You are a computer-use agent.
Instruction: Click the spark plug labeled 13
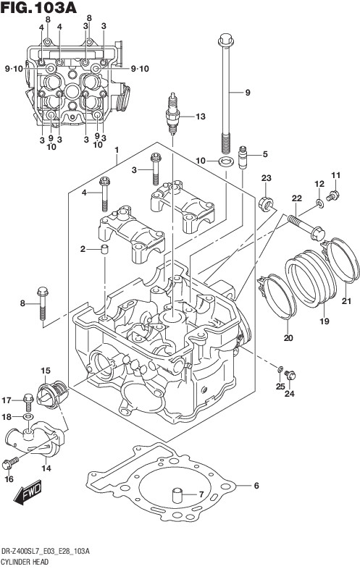tap(172, 114)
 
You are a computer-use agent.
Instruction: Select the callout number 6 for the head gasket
tap(256, 485)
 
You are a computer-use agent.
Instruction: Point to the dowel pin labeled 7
tap(177, 495)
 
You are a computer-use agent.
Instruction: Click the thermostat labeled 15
tap(52, 393)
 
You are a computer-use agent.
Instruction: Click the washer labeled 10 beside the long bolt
tap(226, 161)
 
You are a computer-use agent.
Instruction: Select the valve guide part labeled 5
tap(243, 157)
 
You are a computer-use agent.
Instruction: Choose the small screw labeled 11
tap(332, 196)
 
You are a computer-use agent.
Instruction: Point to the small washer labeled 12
tap(319, 203)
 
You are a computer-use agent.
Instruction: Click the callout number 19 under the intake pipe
tap(324, 321)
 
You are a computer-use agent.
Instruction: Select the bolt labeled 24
tap(290, 374)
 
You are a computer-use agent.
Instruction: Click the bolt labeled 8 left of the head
tap(43, 303)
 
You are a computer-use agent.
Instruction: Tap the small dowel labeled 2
tap(104, 250)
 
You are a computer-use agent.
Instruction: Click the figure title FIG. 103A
tap(38, 8)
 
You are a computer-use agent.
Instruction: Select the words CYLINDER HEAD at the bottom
tap(25, 562)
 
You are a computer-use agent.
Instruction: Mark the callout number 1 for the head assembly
tap(117, 150)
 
